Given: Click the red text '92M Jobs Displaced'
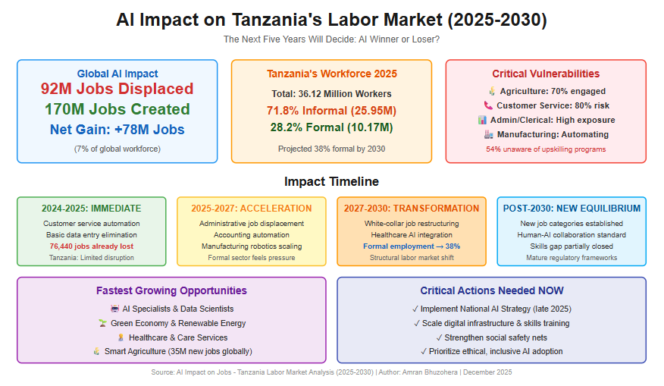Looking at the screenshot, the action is [117, 89].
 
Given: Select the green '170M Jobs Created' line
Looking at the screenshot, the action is [117, 109].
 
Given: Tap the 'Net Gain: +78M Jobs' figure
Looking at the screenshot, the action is [117, 129].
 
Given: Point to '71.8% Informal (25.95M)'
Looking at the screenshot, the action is [331, 111].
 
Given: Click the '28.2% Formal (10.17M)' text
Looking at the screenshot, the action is [331, 127].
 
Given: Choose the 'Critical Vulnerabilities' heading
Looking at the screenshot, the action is [546, 74].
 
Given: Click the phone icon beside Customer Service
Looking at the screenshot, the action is [489, 105].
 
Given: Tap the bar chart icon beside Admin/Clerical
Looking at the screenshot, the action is [482, 120].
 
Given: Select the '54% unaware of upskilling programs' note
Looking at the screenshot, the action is [546, 149].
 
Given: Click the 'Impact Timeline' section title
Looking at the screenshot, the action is [331, 181].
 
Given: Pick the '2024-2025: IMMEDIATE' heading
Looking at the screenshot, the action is [92, 209].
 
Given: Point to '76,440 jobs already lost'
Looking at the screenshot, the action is [92, 246].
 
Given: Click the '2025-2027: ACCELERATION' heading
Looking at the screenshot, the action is [252, 209].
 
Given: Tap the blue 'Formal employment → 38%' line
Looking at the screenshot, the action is [412, 246].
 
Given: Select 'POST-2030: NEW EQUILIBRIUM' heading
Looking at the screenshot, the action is [572, 209].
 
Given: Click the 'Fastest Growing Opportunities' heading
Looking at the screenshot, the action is [171, 290].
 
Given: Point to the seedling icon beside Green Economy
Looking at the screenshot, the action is [102, 323].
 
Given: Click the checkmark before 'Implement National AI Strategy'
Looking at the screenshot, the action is [415, 309].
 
